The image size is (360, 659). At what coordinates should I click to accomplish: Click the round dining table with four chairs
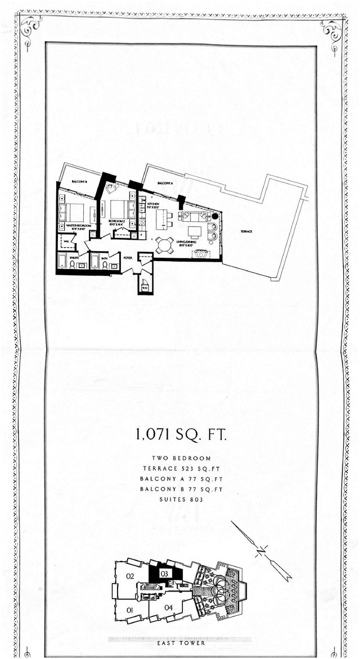point(165,245)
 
